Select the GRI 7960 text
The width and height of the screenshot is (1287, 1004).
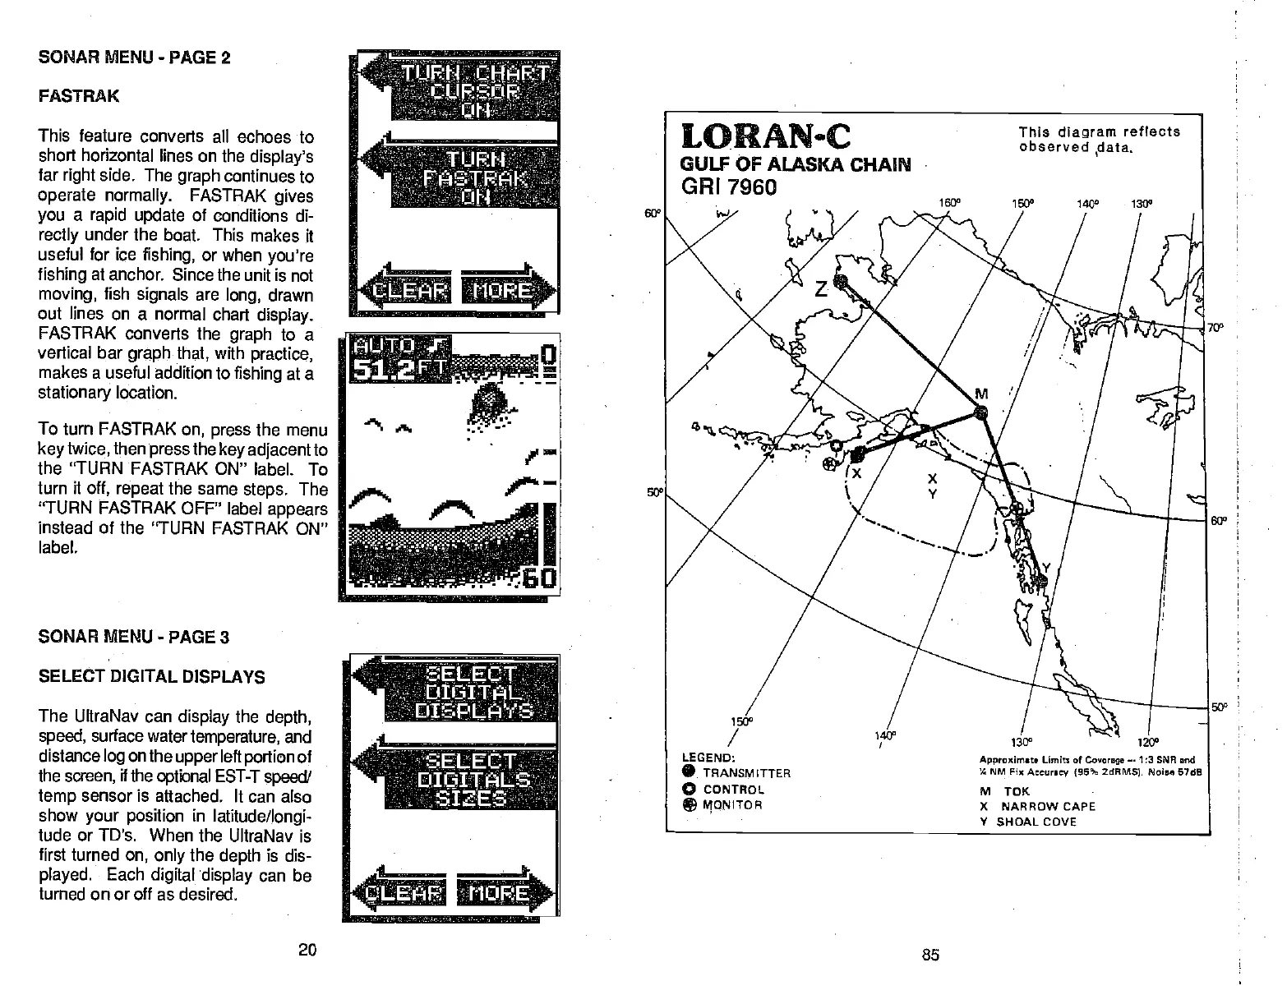[729, 187]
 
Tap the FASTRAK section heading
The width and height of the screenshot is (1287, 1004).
[79, 96]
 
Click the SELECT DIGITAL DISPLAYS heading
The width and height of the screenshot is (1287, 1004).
[152, 677]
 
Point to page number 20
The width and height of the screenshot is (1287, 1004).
[307, 951]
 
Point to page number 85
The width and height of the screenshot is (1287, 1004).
[930, 955]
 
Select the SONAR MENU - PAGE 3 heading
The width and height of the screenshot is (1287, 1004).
[134, 637]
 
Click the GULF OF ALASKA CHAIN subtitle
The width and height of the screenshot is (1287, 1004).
[796, 165]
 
